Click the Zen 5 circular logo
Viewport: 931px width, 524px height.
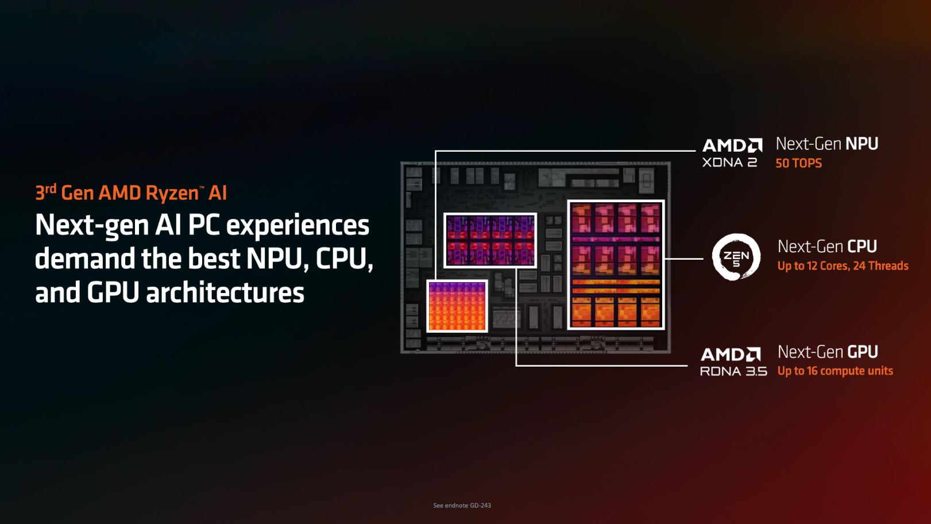pos(736,257)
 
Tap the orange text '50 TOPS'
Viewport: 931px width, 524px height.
pos(798,163)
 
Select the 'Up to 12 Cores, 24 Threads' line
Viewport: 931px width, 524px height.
pos(843,266)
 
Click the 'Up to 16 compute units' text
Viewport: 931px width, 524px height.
pos(835,371)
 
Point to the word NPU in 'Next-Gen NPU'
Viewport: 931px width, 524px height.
pos(862,144)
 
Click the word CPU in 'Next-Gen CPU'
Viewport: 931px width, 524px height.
pos(862,246)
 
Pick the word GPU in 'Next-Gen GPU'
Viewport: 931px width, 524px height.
pos(863,352)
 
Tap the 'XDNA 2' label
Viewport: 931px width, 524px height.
pos(729,162)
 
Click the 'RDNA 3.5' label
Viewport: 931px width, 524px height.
pos(733,371)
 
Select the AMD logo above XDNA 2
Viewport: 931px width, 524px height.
pos(732,145)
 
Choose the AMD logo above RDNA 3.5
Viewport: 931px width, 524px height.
pos(731,355)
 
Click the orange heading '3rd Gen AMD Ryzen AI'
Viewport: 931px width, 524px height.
pos(131,192)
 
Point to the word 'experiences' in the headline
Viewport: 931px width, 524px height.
pos(298,225)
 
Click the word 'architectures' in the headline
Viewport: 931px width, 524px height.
pos(225,292)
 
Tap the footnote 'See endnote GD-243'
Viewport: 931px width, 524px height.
pos(462,505)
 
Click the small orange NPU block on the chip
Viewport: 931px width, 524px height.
pos(457,306)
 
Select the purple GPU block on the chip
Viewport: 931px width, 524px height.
pos(490,240)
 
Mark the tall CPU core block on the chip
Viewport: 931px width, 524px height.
pos(616,265)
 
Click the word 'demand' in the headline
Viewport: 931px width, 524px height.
pos(85,258)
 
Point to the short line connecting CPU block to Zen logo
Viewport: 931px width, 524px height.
pos(683,259)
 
